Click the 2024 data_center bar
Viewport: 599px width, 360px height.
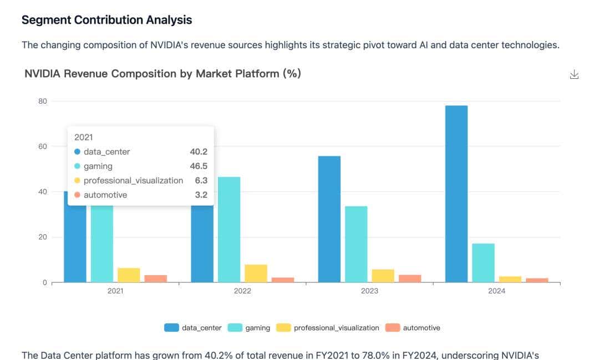(x=456, y=194)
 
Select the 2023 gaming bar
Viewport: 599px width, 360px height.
(x=356, y=244)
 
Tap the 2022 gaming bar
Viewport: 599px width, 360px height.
(x=229, y=230)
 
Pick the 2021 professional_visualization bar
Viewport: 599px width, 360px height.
(x=129, y=275)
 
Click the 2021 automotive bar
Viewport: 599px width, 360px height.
(x=155, y=278)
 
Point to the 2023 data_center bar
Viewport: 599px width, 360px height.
(x=329, y=219)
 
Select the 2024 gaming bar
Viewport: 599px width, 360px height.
(x=483, y=263)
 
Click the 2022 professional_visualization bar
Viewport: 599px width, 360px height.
(x=256, y=273)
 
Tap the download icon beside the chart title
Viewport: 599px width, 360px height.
(x=574, y=75)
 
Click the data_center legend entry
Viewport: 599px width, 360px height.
(x=193, y=328)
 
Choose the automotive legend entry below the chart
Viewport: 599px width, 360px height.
(x=413, y=328)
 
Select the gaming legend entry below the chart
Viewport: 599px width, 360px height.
(x=250, y=328)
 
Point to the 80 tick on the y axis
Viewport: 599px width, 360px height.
(x=43, y=101)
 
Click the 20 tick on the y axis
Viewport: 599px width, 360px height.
(x=43, y=237)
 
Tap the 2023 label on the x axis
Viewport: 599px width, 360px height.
(x=369, y=291)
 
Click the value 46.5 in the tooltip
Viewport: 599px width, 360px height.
(x=199, y=166)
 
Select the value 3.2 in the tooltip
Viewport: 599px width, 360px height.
(x=201, y=195)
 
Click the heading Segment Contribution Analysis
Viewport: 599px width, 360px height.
(x=106, y=20)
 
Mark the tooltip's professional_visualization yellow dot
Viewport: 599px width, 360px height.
(x=77, y=180)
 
